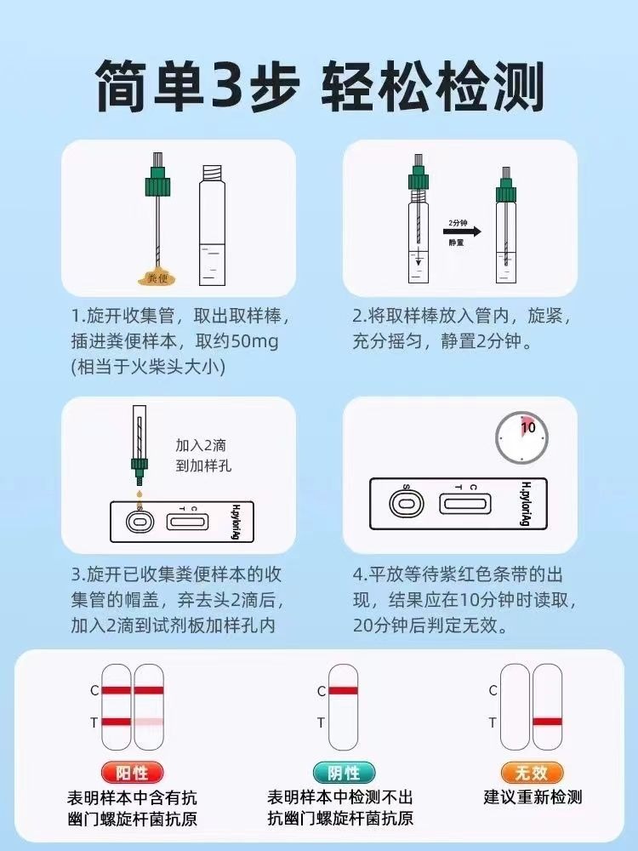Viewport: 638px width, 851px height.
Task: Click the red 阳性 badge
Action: click(132, 773)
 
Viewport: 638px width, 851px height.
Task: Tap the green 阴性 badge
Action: click(344, 773)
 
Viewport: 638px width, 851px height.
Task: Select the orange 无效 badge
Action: click(532, 773)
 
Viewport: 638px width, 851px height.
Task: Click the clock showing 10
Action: click(522, 437)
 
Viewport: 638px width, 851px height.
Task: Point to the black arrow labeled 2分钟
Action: click(462, 231)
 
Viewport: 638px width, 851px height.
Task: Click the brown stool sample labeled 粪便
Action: click(157, 277)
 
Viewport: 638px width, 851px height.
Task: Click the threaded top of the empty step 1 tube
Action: click(212, 174)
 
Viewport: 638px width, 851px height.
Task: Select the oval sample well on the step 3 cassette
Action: click(140, 523)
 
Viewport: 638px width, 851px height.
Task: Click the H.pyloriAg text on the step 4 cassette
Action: click(525, 504)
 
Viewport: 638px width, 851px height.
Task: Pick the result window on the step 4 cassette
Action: click(465, 504)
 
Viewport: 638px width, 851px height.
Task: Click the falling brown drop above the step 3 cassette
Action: click(140, 494)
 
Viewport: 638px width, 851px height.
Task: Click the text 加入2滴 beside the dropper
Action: click(201, 446)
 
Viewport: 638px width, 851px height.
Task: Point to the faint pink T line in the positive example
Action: click(149, 722)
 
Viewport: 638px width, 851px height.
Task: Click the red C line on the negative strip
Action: click(343, 691)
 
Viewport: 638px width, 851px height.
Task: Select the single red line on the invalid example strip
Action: click(547, 722)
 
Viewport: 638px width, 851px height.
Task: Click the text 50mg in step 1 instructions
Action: click(254, 341)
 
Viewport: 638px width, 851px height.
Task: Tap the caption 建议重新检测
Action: click(533, 797)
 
